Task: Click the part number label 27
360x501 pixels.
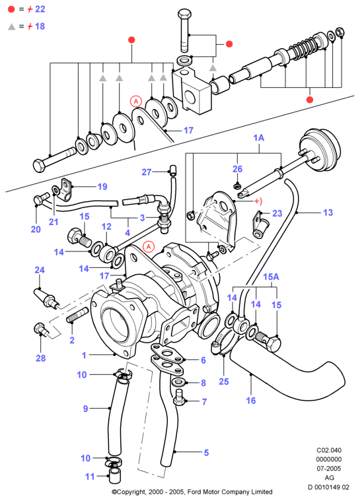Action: tap(147, 172)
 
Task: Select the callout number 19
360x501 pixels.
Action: tap(102, 187)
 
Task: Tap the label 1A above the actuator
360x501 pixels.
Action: tap(259, 138)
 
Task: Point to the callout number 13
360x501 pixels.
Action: tap(328, 213)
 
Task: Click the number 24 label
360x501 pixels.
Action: tap(40, 270)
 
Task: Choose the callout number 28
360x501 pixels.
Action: tap(40, 358)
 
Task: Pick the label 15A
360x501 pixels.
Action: tap(271, 277)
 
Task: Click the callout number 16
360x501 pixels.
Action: tap(251, 401)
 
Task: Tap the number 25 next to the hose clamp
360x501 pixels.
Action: tap(224, 382)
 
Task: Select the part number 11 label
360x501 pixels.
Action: tap(90, 477)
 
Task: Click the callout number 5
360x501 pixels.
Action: tap(206, 452)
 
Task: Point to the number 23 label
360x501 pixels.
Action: tap(277, 213)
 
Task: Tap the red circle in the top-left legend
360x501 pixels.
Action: tap(11, 9)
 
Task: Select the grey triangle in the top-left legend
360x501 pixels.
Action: tap(11, 26)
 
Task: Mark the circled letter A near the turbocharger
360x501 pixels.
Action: tap(149, 247)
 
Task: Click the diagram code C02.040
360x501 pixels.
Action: tap(329, 450)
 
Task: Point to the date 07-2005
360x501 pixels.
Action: tap(329, 469)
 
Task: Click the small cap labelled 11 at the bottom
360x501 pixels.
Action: tap(114, 476)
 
